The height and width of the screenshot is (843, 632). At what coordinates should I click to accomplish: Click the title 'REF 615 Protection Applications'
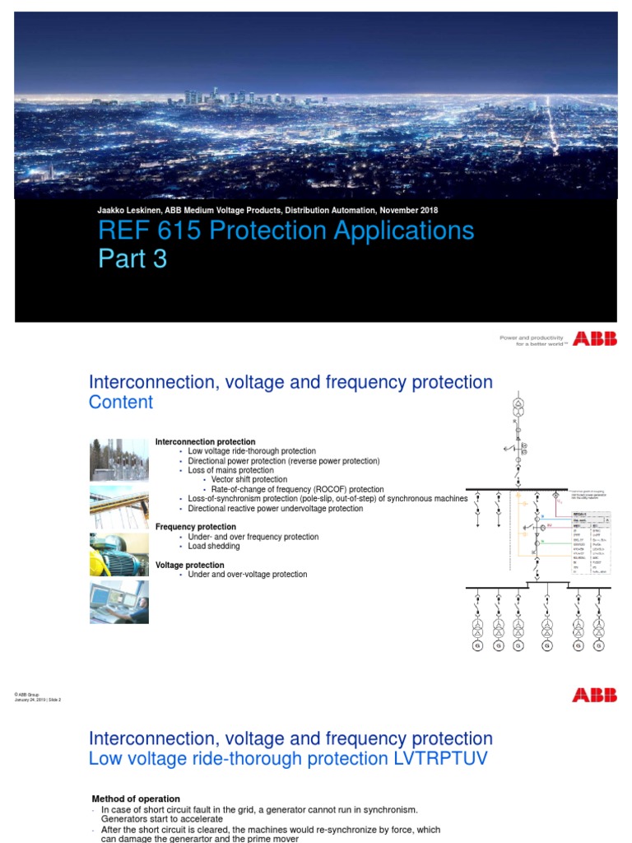(286, 230)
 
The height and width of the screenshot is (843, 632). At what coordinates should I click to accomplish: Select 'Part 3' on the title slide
(132, 258)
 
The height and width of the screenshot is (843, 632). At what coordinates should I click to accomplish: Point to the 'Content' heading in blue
(120, 402)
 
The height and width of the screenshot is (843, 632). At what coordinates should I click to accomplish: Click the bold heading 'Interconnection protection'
(205, 442)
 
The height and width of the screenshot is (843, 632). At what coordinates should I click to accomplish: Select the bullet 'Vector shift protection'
(249, 479)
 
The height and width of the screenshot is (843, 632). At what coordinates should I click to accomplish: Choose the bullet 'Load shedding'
(214, 547)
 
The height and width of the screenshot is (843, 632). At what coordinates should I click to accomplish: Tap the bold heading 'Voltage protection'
(190, 565)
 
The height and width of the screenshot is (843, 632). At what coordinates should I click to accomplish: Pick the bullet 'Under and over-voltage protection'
(248, 575)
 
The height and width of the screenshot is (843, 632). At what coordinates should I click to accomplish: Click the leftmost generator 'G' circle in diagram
(477, 646)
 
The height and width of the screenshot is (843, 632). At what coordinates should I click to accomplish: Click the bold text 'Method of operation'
(135, 799)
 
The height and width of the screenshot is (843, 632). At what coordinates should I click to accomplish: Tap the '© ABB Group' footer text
(27, 694)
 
